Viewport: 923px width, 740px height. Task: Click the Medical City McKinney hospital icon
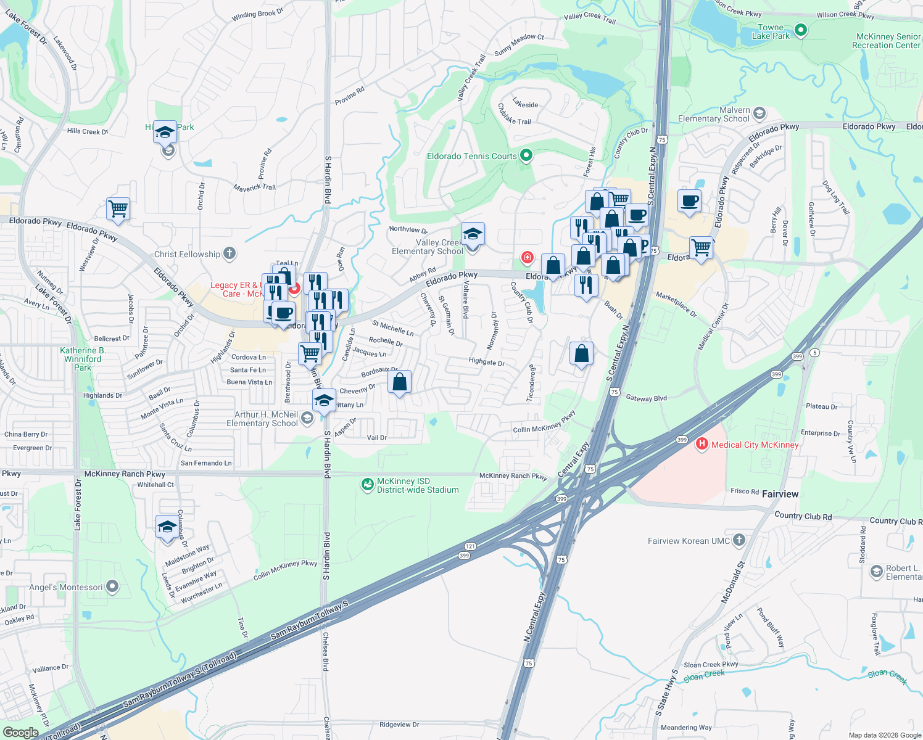[x=702, y=444]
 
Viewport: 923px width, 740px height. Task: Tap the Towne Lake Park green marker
[x=801, y=29]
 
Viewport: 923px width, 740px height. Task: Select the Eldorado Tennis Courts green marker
[x=526, y=155]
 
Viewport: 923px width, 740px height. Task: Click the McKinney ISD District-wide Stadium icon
[x=368, y=485]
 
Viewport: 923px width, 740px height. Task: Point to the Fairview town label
[x=780, y=494]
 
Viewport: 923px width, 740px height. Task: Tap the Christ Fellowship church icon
[x=230, y=253]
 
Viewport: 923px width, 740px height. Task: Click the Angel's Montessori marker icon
[x=112, y=586]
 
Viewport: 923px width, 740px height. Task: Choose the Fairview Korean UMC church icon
[x=739, y=540]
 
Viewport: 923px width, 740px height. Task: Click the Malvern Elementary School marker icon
[x=760, y=113]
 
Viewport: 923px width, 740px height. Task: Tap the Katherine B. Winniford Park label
[x=83, y=359]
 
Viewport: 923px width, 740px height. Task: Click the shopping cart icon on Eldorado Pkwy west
[x=118, y=208]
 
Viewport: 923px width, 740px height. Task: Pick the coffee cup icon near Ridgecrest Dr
[x=689, y=201]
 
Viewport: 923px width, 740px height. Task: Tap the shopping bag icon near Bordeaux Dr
[x=400, y=382]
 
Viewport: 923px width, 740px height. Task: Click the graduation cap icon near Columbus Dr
[x=167, y=528]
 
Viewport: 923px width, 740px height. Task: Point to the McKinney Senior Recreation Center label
[x=886, y=41]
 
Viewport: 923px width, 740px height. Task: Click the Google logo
[x=20, y=732]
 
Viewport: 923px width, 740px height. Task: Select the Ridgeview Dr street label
[x=399, y=725]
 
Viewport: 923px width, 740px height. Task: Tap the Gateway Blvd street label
[x=646, y=398]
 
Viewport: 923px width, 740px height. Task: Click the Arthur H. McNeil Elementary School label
[x=262, y=419]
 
